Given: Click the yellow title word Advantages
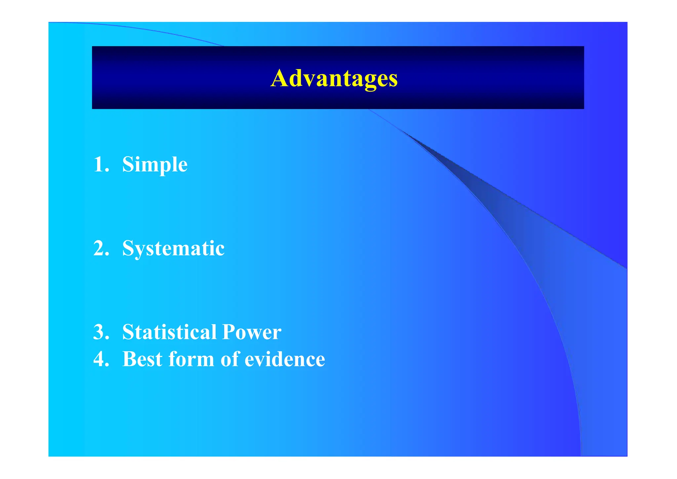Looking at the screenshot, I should point(334,79).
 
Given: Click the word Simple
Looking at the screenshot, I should point(155,164).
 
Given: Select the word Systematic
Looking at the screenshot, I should point(173,248).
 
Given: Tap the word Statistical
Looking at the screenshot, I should point(169,332).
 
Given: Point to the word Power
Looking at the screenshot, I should point(252,332).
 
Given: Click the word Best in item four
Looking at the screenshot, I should point(142,359).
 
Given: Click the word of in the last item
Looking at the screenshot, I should point(229,359).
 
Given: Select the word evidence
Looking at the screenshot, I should point(285,359).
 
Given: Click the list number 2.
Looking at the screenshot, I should point(100,248).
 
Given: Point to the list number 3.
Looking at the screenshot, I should point(100,332).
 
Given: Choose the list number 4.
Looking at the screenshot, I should point(100,359).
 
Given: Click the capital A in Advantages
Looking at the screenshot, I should point(280,78).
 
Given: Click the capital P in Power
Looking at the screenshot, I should point(229,332).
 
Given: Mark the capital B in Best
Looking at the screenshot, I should point(130,359).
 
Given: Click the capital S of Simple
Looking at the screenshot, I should point(128,164).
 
